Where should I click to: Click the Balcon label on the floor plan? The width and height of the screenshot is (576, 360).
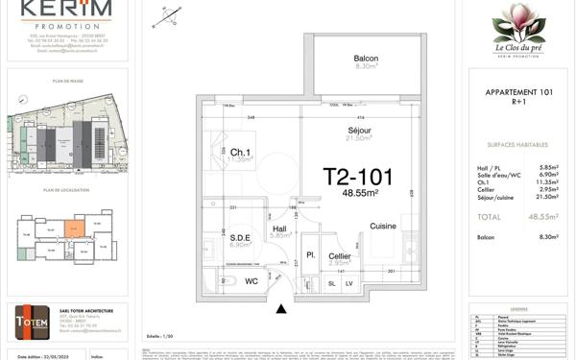coord(366,59)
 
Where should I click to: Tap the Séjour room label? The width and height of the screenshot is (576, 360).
coord(360,131)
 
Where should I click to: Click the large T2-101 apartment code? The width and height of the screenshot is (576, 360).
coord(360,177)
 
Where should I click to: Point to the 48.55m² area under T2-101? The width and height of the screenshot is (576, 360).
coord(360,193)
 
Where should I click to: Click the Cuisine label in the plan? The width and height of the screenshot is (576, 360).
coord(384,227)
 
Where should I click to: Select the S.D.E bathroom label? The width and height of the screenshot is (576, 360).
coord(240,237)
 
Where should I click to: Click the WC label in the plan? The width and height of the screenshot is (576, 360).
coord(252,281)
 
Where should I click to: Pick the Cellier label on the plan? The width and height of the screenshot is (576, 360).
coord(340,255)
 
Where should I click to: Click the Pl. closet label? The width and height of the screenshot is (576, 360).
coord(311,255)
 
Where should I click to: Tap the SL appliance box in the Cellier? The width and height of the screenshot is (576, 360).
coord(333,283)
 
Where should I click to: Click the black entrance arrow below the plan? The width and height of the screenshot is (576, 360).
coord(280,308)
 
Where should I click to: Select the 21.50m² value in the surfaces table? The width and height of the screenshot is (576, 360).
coord(546,196)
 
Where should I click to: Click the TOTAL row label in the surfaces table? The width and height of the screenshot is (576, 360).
coord(489,217)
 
